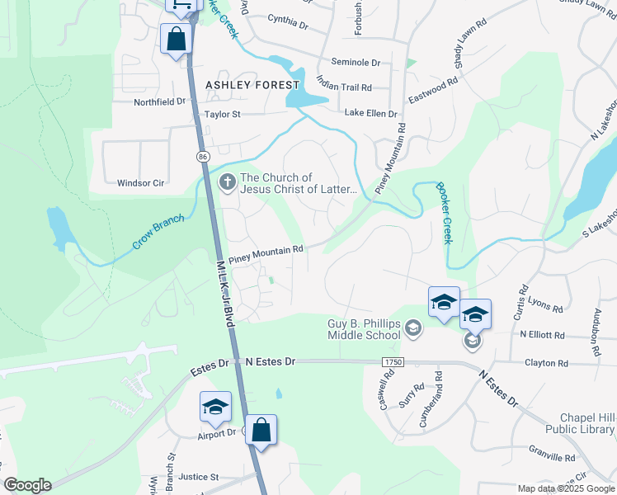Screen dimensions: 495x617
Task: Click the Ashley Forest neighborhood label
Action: pyautogui.click(x=252, y=85)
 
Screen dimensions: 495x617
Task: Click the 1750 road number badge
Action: pyautogui.click(x=393, y=362)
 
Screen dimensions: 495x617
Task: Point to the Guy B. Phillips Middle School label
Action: pyautogui.click(x=364, y=329)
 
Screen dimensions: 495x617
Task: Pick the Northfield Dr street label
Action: pyautogui.click(x=160, y=101)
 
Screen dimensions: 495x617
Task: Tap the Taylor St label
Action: pyautogui.click(x=222, y=115)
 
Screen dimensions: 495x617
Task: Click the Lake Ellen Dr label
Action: pyautogui.click(x=370, y=114)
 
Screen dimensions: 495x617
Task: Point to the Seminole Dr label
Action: pyautogui.click(x=356, y=62)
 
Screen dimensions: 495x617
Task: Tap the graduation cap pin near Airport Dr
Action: pyautogui.click(x=215, y=407)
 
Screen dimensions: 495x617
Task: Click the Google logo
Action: pyautogui.click(x=27, y=485)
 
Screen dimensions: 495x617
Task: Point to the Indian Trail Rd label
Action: pyautogui.click(x=344, y=87)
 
